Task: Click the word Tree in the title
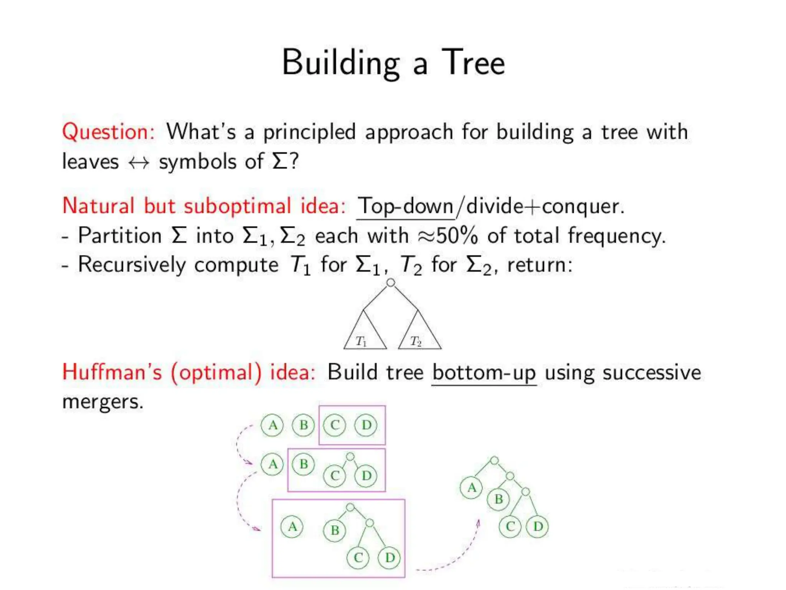[473, 63]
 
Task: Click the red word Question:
[109, 132]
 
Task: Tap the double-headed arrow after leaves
[139, 162]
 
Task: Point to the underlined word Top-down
[405, 206]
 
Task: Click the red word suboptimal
[237, 206]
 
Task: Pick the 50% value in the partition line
[457, 235]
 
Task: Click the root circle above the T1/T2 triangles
[391, 283]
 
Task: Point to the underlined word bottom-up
[484, 373]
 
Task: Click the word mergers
[102, 402]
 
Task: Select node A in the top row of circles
[272, 425]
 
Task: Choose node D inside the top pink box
[366, 425]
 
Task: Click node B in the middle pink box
[304, 464]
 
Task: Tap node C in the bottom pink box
[358, 557]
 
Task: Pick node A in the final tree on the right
[471, 488]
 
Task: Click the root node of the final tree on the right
[495, 460]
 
